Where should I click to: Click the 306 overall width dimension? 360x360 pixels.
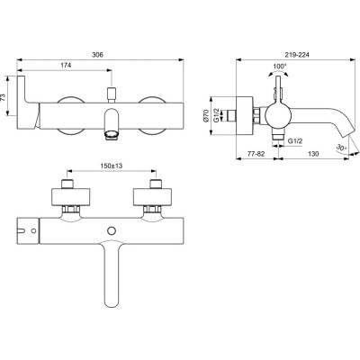tap(97, 55)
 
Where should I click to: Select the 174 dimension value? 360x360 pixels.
tap(66, 65)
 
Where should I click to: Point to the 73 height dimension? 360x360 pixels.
tap(4, 96)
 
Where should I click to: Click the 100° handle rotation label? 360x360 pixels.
tap(280, 67)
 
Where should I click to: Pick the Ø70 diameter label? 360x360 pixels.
tap(206, 116)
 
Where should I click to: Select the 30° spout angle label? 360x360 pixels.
tap(341, 148)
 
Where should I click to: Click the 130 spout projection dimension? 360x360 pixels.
tap(313, 154)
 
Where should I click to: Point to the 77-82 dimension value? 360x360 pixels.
tap(256, 154)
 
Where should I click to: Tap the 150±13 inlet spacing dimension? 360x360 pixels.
tap(111, 166)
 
